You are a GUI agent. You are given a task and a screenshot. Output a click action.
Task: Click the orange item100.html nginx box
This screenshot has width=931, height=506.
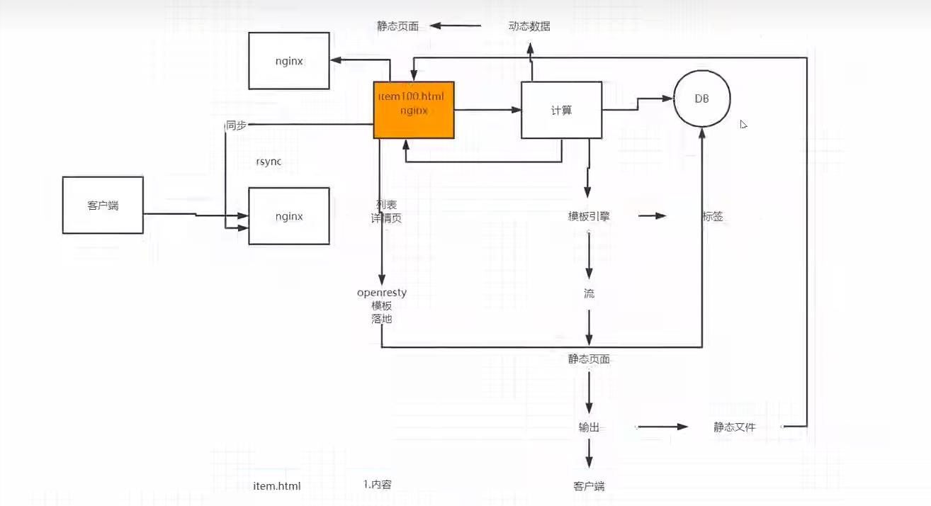(x=414, y=110)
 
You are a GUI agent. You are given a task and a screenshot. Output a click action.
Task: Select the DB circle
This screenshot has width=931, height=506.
(x=701, y=98)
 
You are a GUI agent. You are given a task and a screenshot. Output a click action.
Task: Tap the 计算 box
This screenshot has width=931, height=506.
(x=561, y=110)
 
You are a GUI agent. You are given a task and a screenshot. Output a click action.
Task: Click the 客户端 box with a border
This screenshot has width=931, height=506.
(x=103, y=205)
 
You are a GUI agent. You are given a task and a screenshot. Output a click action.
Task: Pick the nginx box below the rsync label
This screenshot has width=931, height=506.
(x=289, y=216)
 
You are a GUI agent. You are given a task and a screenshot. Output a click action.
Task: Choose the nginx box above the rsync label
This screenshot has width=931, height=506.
(x=289, y=61)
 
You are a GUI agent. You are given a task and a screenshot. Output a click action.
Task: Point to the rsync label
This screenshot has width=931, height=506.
(x=269, y=162)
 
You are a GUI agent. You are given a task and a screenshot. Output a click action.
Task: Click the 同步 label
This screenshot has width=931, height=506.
(x=236, y=125)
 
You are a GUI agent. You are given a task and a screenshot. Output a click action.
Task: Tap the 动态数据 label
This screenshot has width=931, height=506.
(x=529, y=26)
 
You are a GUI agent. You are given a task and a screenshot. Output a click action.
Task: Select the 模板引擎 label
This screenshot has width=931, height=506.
(x=589, y=217)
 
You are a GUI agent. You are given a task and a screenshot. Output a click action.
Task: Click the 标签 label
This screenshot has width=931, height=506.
(x=713, y=217)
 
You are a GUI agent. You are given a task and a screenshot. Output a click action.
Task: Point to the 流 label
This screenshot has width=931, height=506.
(x=589, y=293)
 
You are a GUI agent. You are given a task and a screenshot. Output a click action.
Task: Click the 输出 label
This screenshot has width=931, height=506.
(x=589, y=427)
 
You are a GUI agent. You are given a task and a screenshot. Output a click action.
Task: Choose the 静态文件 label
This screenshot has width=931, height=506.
(x=735, y=427)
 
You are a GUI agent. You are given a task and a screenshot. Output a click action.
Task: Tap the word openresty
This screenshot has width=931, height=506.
(x=382, y=292)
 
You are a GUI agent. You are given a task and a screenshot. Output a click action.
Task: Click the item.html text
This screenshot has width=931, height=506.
(x=277, y=486)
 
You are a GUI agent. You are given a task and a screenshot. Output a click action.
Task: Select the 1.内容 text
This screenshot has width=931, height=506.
(x=378, y=485)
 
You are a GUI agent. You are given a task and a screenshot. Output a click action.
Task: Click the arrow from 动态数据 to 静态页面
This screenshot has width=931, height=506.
(x=455, y=26)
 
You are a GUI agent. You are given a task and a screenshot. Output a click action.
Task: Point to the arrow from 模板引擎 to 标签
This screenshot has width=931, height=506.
(x=653, y=215)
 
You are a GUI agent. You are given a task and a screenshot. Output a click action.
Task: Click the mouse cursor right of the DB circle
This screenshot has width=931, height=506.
(x=743, y=124)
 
